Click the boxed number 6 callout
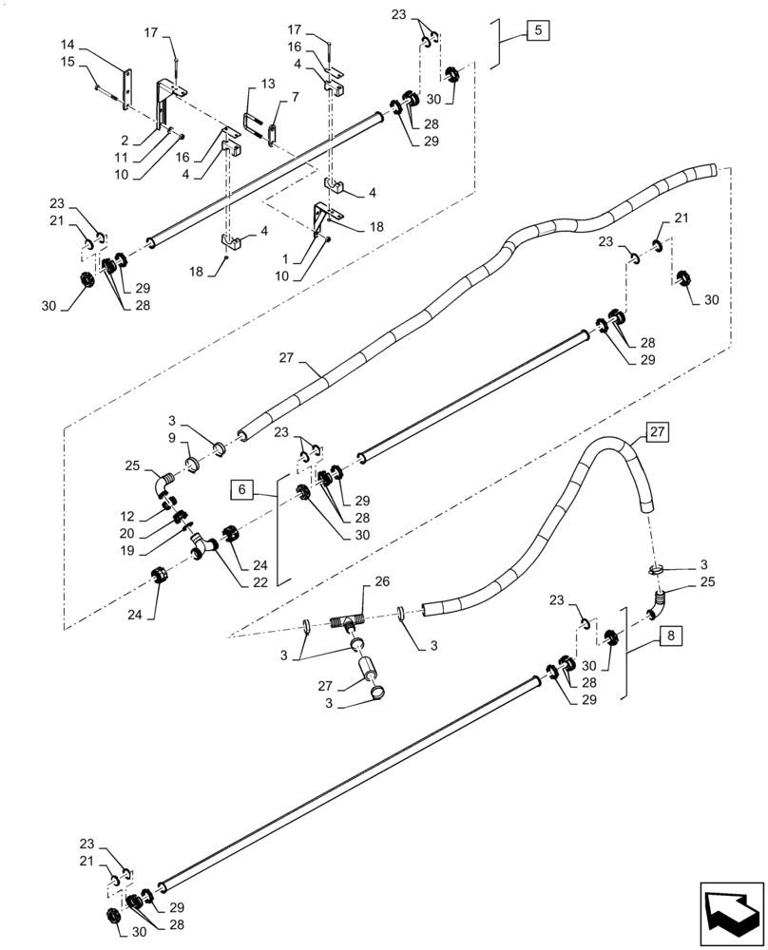click(x=241, y=490)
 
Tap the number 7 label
click(x=295, y=97)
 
